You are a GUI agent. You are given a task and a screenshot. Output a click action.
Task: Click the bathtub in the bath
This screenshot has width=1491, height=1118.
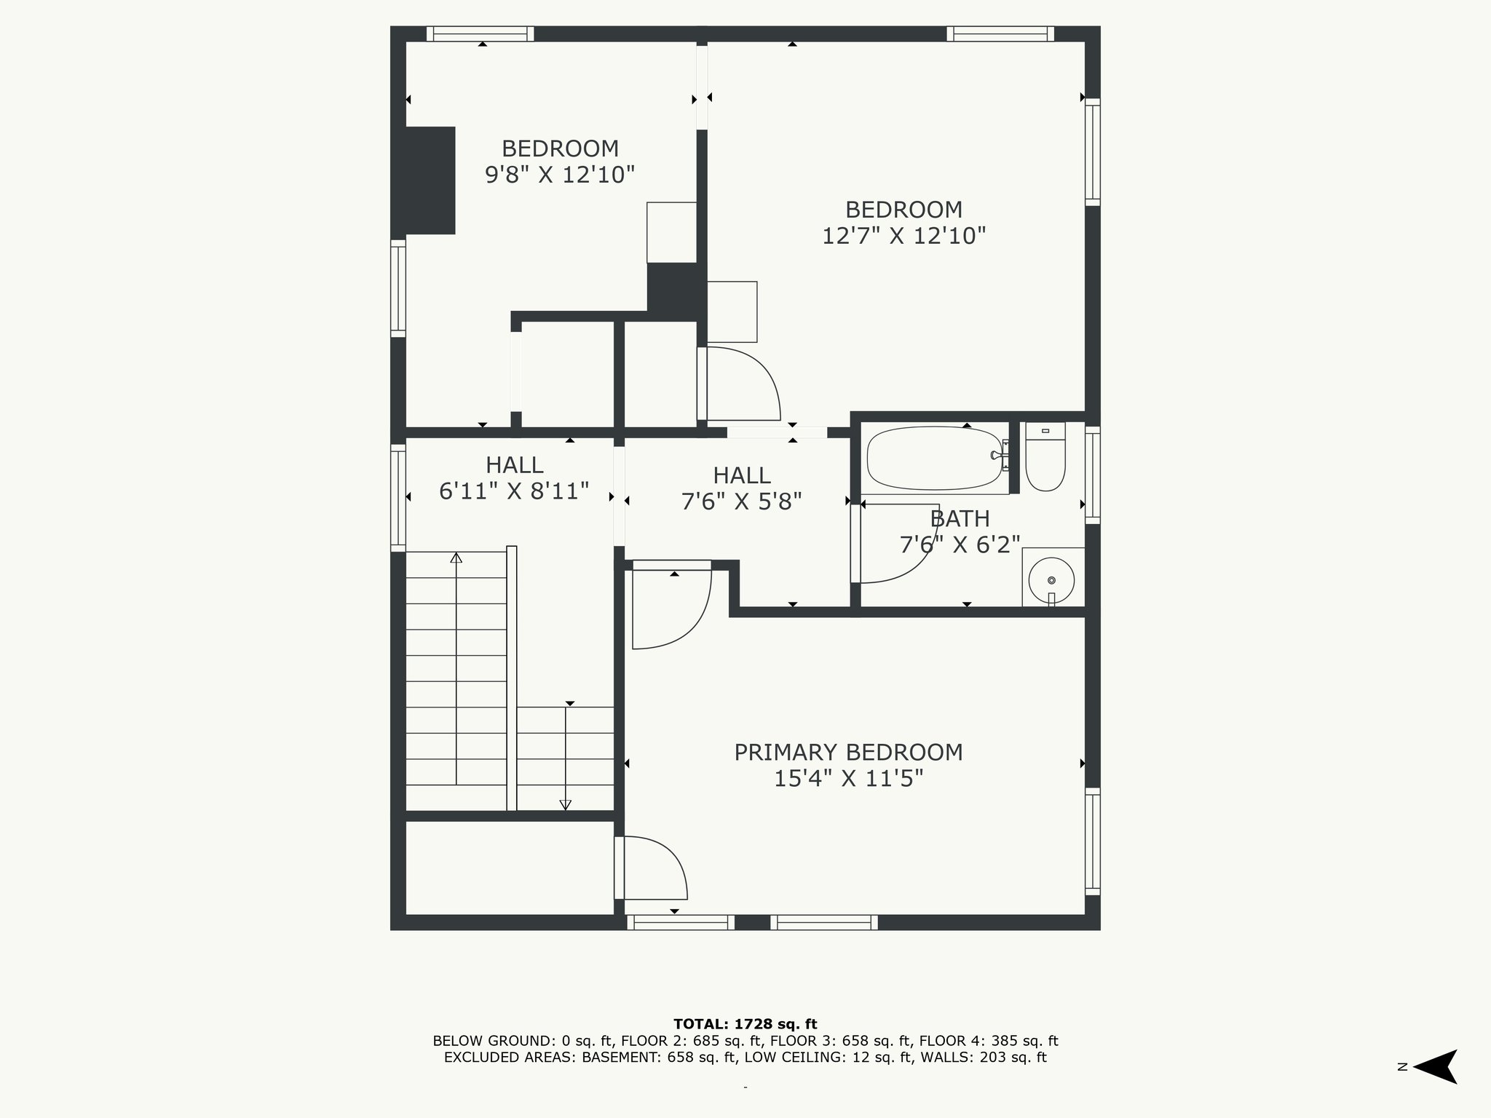click(935, 458)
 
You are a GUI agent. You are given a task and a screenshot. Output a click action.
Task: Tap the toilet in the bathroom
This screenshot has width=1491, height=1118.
click(1045, 456)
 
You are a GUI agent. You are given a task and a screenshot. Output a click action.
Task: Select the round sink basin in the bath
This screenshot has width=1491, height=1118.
click(1052, 580)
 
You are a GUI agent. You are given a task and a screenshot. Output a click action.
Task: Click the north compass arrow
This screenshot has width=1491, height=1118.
click(1435, 1066)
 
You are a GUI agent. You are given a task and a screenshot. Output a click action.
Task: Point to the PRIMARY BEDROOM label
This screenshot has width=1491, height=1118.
click(848, 752)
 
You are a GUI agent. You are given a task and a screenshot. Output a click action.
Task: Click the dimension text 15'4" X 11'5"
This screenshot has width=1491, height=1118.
click(848, 779)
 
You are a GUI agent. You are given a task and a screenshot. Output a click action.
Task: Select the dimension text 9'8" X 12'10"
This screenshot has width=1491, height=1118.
click(560, 175)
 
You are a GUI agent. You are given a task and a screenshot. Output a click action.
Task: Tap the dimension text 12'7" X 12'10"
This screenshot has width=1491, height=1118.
click(903, 236)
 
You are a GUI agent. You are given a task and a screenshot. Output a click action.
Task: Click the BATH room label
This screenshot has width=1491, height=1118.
click(960, 519)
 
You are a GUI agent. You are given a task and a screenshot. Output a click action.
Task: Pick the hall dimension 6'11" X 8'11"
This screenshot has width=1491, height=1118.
click(514, 491)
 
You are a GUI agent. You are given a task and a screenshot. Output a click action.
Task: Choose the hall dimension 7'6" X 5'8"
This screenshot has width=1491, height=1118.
click(741, 501)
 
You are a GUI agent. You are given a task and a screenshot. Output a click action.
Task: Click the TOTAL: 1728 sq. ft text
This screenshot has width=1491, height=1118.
click(745, 1024)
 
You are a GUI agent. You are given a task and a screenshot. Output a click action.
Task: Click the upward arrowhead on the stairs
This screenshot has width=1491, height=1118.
click(456, 558)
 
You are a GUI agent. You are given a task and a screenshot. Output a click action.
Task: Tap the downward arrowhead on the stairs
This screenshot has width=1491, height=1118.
click(565, 805)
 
